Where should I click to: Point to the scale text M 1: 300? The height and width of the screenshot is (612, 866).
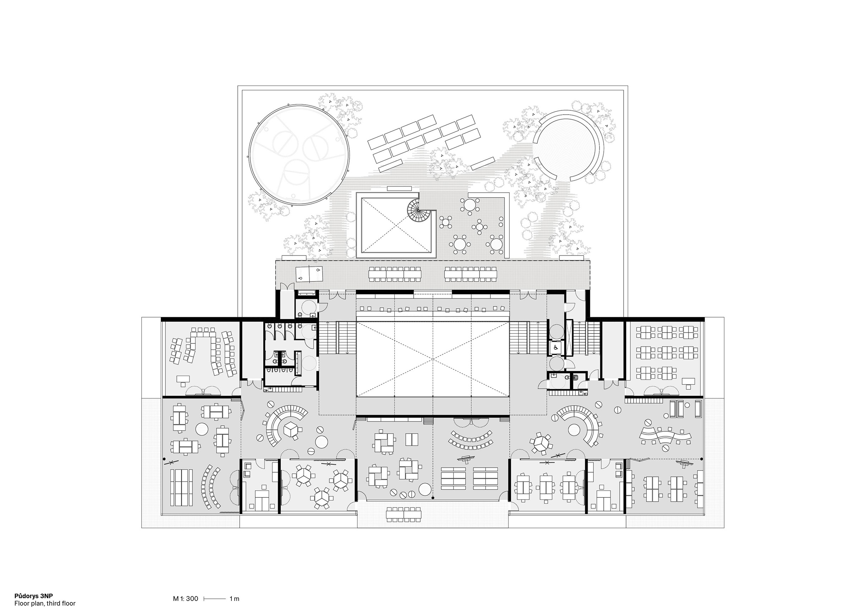[186, 599]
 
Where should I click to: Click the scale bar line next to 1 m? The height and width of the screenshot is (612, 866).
[215, 599]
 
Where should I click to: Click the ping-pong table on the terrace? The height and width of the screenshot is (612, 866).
[309, 274]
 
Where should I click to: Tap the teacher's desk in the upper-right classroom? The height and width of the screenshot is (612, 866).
[689, 383]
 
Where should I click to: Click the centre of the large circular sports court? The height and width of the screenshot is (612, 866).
[299, 155]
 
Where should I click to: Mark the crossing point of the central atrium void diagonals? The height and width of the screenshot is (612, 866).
[433, 359]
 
